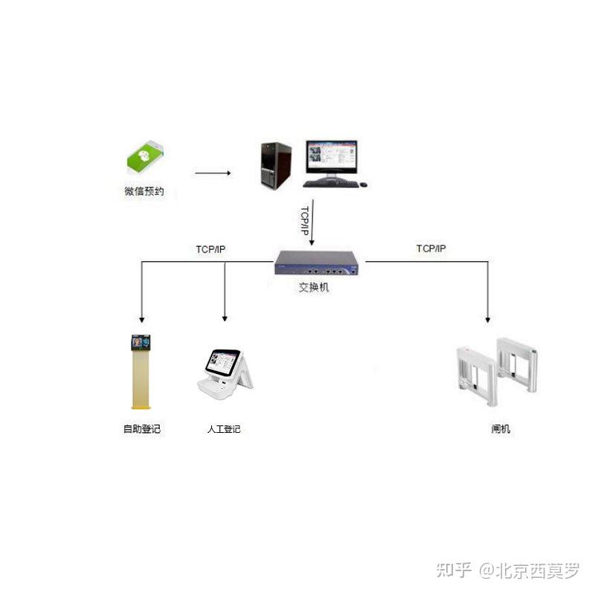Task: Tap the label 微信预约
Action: [144, 192]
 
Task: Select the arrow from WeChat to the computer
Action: [213, 173]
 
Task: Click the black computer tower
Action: [275, 166]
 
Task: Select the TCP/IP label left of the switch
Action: [210, 249]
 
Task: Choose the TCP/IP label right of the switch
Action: [431, 248]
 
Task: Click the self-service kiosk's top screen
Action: [141, 342]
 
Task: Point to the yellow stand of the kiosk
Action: [141, 379]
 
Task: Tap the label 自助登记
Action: [141, 429]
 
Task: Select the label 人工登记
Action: [224, 429]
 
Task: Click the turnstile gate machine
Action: [495, 373]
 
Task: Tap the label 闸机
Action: [501, 429]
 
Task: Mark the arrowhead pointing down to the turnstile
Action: [488, 318]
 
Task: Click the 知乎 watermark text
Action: [454, 570]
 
